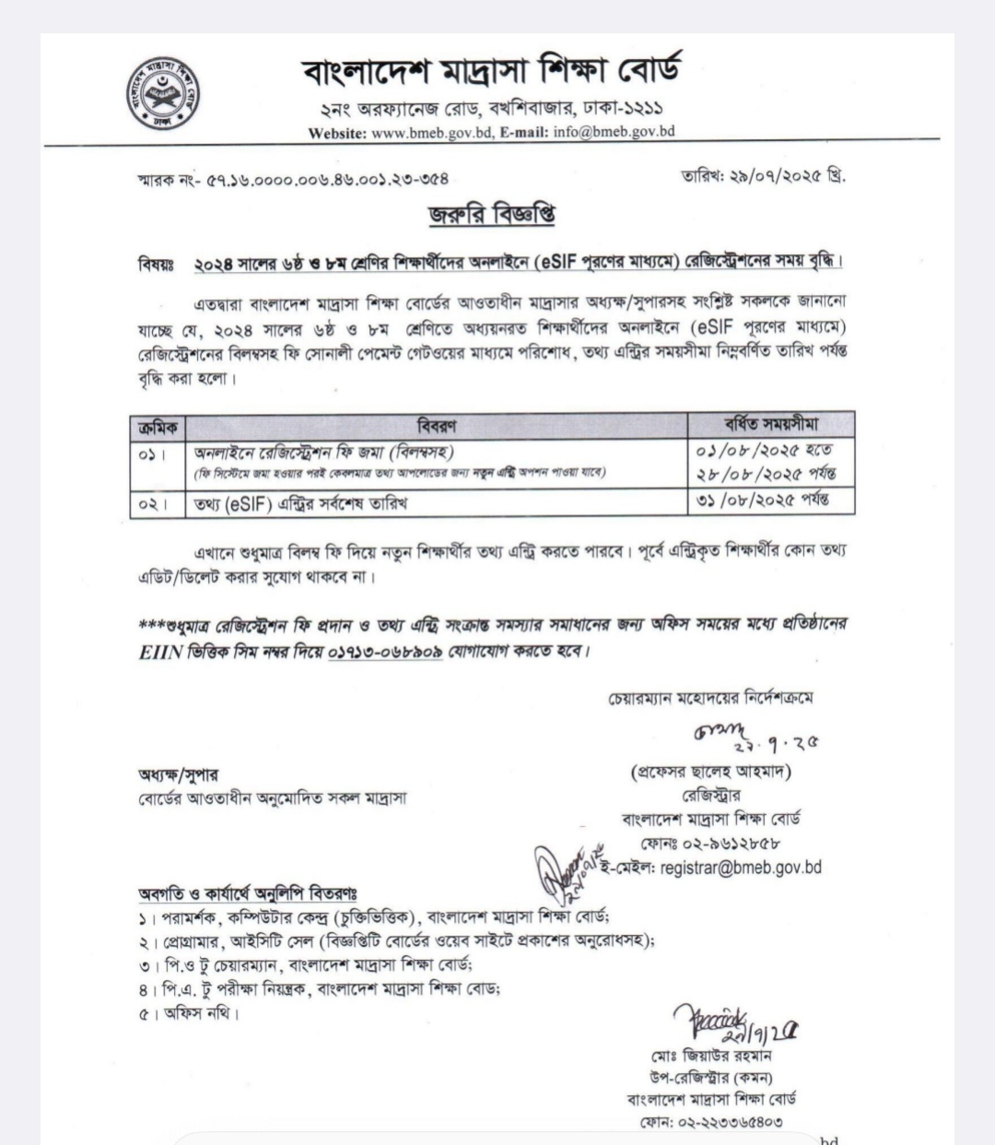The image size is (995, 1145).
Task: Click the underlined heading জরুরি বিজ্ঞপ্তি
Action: (491, 215)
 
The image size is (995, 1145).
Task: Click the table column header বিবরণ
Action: (437, 425)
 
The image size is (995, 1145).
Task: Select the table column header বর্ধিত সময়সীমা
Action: (770, 424)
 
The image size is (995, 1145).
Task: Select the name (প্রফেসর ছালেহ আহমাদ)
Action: (710, 772)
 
